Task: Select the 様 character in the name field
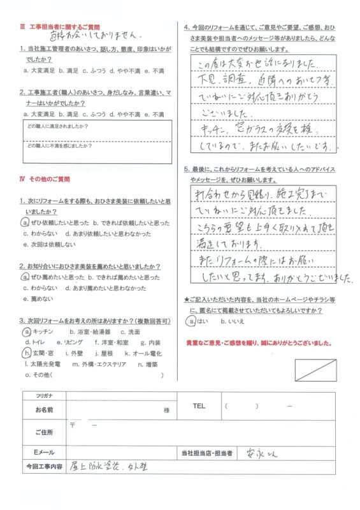tap(166, 411)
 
